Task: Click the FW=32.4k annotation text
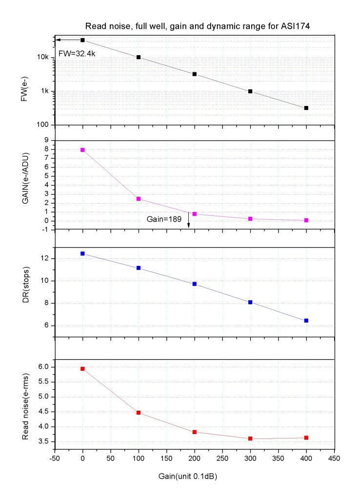pos(77,53)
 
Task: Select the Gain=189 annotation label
pos(164,220)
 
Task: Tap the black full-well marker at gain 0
pos(82,40)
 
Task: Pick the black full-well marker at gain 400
pos(306,108)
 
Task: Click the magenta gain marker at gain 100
pos(139,199)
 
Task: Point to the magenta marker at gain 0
pos(82,150)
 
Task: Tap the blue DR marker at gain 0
pos(82,253)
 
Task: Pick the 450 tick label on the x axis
pos(334,459)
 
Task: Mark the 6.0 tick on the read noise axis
pos(43,367)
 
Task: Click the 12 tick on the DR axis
pos(45,258)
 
